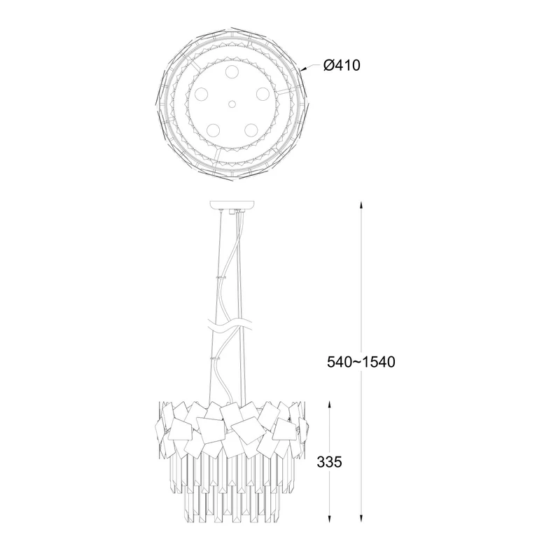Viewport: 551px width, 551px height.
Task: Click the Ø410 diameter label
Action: click(x=342, y=65)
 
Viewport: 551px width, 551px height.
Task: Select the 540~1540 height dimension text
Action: click(x=361, y=361)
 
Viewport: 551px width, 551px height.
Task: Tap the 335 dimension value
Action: click(x=329, y=462)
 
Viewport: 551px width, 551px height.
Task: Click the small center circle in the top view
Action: click(x=232, y=104)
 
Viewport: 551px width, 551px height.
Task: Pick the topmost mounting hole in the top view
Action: click(x=232, y=71)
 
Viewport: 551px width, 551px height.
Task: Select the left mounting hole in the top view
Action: click(x=202, y=94)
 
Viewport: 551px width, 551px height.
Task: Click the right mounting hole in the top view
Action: click(x=263, y=94)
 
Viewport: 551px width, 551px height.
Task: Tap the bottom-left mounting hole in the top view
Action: click(x=213, y=130)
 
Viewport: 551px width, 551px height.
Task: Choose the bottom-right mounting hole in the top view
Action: click(x=251, y=130)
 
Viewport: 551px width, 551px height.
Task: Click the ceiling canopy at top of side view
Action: click(x=232, y=204)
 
